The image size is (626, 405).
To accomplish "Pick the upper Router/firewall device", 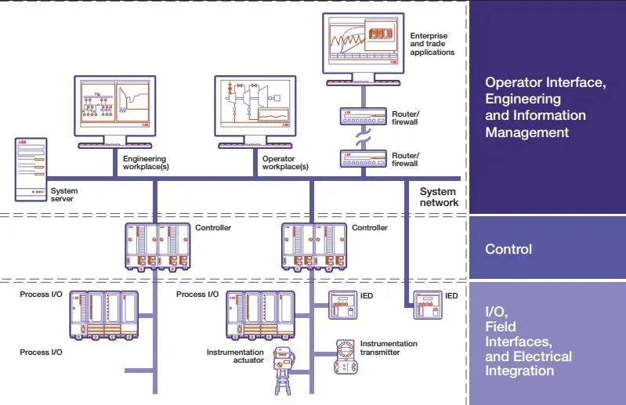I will pos(363,117).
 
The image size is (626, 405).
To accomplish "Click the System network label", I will pos(439,197).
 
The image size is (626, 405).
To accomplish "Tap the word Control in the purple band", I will pos(508,249).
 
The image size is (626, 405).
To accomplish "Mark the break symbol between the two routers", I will pos(363,137).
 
